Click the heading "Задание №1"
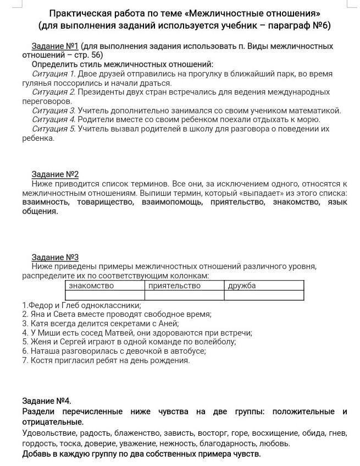tap(55, 46)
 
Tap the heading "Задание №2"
tap(55, 174)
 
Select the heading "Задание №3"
tap(55, 257)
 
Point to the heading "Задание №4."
tap(47, 401)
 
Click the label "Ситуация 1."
tap(53, 74)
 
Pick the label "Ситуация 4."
tap(53, 119)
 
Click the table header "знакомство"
tap(91, 286)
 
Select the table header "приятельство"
tap(174, 286)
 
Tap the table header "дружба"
tap(242, 286)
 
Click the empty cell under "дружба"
tap(264, 295)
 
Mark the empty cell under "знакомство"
tap(105, 295)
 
